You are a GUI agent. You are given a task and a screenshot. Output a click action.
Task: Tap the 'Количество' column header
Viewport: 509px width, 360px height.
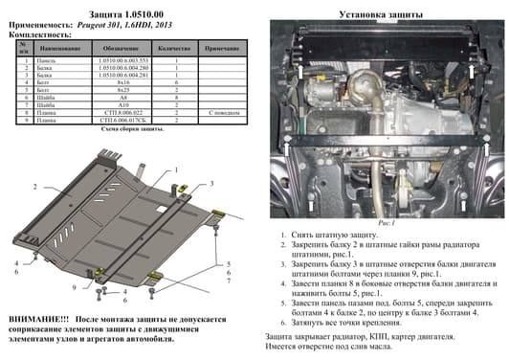174,46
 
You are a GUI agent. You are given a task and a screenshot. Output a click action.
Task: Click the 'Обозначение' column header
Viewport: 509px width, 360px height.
121,46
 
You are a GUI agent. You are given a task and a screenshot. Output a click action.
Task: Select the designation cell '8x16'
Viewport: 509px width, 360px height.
121,84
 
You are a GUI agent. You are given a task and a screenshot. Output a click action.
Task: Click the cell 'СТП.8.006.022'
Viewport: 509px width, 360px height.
121,111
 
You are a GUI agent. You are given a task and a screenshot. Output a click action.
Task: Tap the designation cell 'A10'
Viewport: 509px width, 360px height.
121,104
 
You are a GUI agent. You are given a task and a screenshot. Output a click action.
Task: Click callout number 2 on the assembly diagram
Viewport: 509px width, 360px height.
34,186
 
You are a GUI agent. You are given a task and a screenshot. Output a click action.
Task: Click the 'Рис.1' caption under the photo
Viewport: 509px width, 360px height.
377,222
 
